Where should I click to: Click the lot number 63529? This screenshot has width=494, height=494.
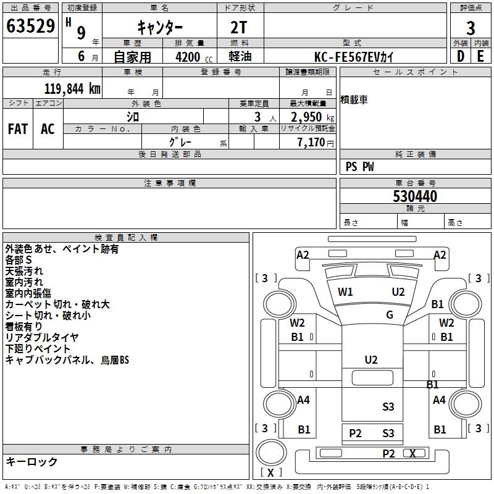tap(30, 27)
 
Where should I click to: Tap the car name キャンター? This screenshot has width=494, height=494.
tap(159, 27)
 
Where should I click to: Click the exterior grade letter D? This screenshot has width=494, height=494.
tap(460, 56)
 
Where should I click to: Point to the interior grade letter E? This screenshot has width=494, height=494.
tap(480, 56)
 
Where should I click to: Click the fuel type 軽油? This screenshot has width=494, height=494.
tap(241, 57)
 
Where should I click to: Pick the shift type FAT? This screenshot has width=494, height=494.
tap(17, 129)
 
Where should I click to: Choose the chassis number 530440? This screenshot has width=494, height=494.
tap(415, 196)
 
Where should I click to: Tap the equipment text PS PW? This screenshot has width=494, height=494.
tap(359, 167)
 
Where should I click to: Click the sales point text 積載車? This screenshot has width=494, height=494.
tap(354, 100)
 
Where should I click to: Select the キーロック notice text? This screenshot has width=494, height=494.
tap(31, 461)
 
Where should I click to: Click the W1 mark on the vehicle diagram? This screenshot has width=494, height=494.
tap(345, 292)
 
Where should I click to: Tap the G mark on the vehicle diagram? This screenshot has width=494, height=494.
tap(390, 315)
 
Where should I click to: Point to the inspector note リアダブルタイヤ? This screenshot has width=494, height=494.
tap(42, 337)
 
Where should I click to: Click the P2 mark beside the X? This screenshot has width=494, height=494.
tap(388, 453)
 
